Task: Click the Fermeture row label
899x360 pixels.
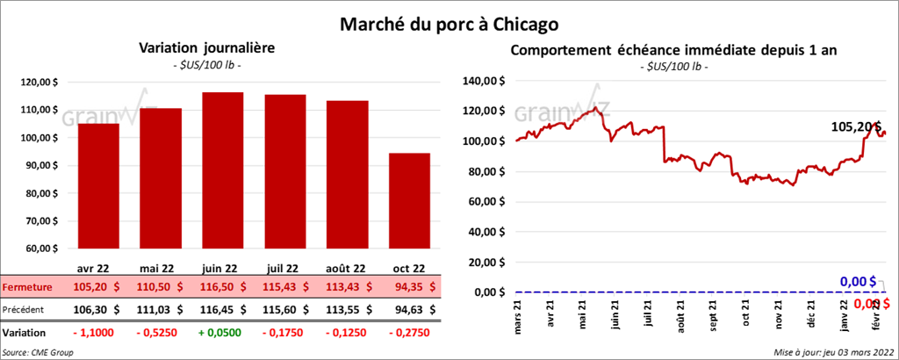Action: coord(25,287)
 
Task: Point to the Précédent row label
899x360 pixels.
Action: coord(25,309)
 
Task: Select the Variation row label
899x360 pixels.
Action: coord(25,333)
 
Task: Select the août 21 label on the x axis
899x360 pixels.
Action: coord(681,317)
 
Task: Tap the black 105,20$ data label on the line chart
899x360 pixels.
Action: coord(856,126)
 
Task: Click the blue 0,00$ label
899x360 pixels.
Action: coord(859,281)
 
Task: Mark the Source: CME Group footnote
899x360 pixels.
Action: coord(39,351)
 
